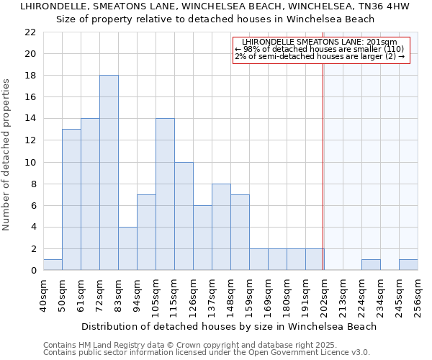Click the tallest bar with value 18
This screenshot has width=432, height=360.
pos(109,173)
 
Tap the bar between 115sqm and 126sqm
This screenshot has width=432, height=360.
pos(184,216)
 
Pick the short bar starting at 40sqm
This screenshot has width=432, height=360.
pos(53,265)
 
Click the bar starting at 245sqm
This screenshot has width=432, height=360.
pos(408,265)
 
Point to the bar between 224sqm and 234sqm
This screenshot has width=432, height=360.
pos(371,265)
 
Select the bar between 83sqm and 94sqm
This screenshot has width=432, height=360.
pos(127,248)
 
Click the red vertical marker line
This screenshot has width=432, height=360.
pos(323,180)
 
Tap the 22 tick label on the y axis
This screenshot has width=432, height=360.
pos(30,32)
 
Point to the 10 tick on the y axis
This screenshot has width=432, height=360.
pos(30,163)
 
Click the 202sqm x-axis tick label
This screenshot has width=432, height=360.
pos(324,295)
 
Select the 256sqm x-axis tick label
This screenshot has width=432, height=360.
pos(418,295)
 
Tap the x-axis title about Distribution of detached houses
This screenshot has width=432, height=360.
pos(230,326)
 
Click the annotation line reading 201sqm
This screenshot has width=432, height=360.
pos(320,42)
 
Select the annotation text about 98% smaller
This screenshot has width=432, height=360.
pos(320,49)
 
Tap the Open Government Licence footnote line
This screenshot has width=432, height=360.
pos(207,353)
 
